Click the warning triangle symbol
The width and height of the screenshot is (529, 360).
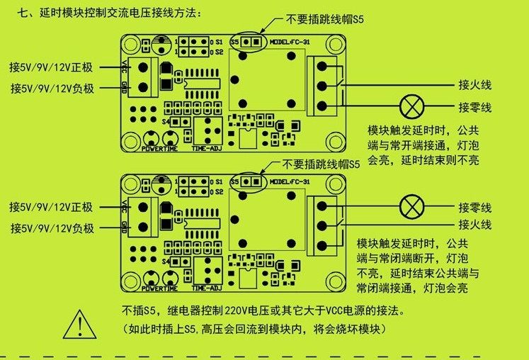pos(83,325)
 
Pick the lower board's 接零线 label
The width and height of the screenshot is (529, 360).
pos(474,208)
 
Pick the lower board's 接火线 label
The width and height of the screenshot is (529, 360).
pos(474,226)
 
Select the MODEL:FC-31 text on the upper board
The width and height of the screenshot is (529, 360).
pos(290,42)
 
